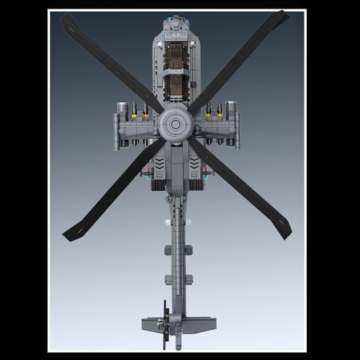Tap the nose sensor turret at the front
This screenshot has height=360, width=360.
tap(175, 19)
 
